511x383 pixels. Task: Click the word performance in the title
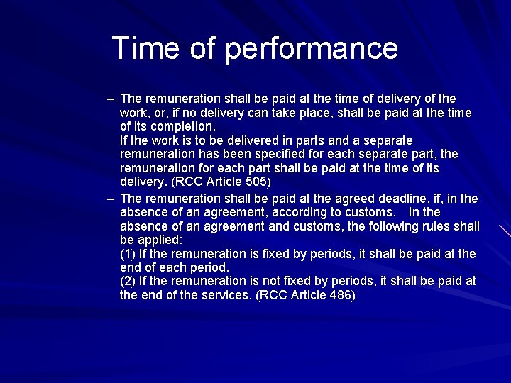(x=312, y=49)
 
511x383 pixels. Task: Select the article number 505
(x=256, y=182)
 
